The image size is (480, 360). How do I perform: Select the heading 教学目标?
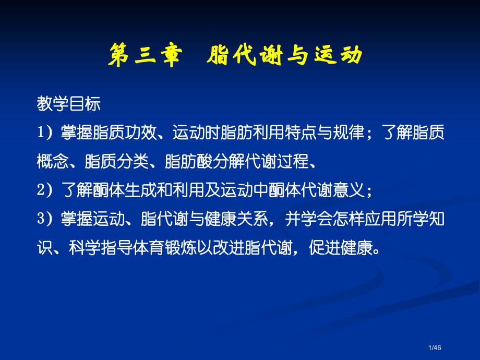pyautogui.click(x=68, y=104)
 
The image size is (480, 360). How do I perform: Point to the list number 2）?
pyautogui.click(x=46, y=191)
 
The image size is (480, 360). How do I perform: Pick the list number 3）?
pyautogui.click(x=46, y=220)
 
